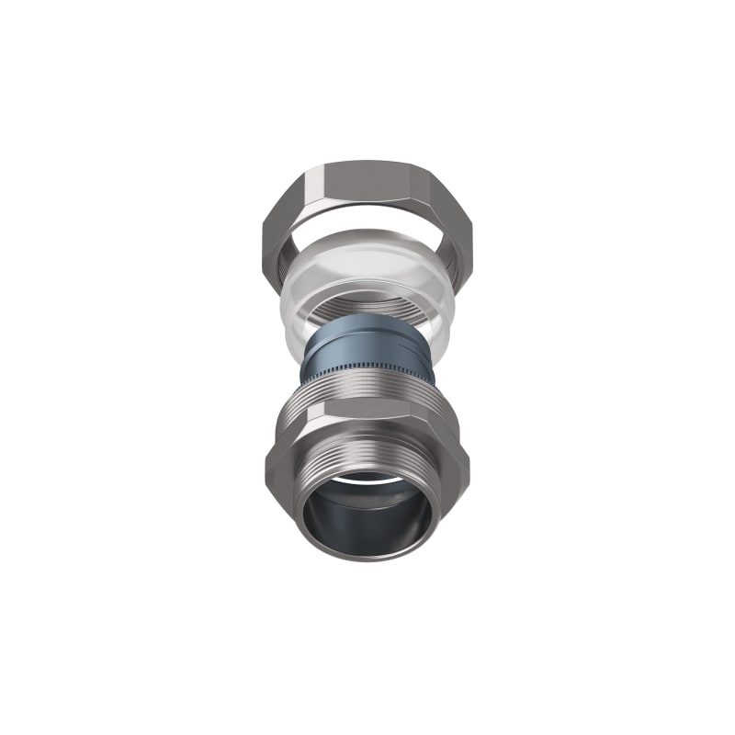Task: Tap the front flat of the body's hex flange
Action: click(x=367, y=432)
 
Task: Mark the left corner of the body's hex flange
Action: click(x=268, y=459)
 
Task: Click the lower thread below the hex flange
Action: click(x=367, y=455)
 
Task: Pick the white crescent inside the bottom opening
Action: click(x=367, y=479)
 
